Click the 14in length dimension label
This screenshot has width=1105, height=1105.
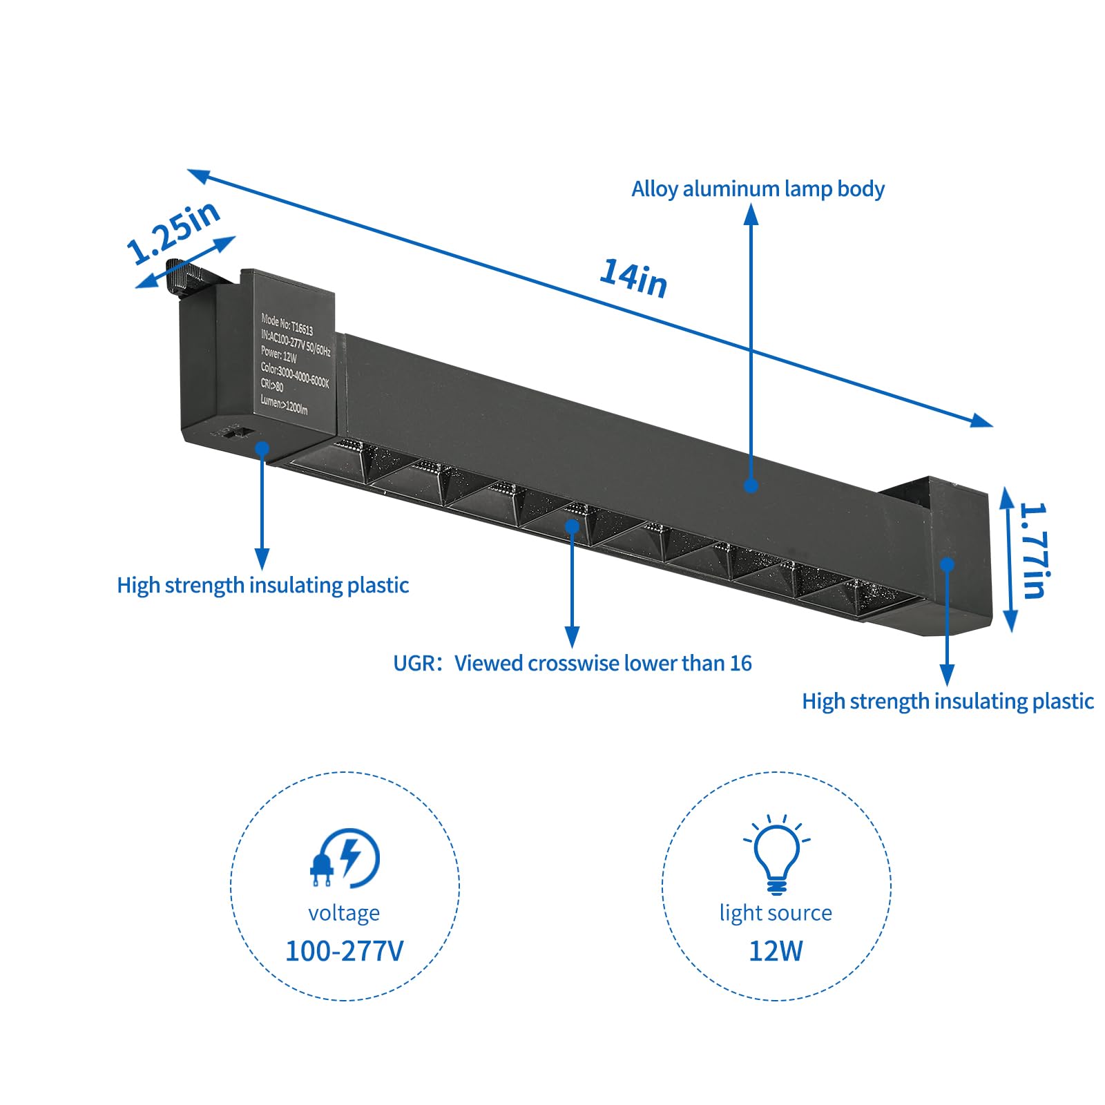[633, 278]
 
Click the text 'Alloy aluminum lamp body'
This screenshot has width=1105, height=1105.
[758, 189]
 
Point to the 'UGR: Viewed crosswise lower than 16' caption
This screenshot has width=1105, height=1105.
[572, 663]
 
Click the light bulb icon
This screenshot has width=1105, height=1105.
[776, 855]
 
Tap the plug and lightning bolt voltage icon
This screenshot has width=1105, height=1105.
[344, 858]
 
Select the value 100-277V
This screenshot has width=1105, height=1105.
[344, 951]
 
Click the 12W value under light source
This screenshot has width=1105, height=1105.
[776, 951]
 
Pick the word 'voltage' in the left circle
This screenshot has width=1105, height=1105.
[344, 913]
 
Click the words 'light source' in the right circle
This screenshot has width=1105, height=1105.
[776, 913]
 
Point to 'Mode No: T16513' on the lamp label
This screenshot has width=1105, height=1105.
[287, 324]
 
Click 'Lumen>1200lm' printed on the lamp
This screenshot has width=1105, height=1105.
[284, 405]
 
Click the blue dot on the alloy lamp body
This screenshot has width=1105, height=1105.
[751, 486]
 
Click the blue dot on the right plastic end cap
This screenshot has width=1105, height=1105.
[948, 564]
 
